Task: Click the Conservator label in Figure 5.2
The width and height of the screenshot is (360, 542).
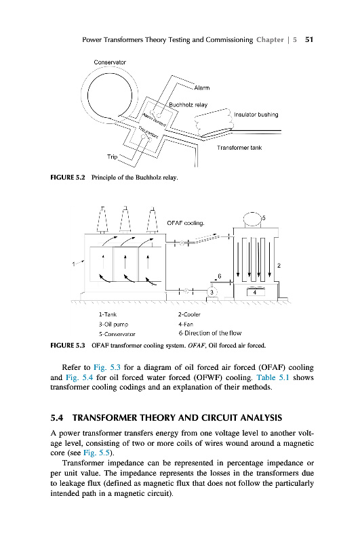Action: (x=110, y=62)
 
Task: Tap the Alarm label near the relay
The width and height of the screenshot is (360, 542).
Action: (x=201, y=88)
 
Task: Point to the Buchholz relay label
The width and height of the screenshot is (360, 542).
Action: (x=188, y=105)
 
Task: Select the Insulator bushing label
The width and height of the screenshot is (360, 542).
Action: (x=256, y=114)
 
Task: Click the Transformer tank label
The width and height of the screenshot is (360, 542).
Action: (x=239, y=148)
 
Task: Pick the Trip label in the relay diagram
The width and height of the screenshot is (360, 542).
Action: (x=112, y=157)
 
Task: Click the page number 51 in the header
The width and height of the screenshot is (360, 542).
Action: (x=309, y=40)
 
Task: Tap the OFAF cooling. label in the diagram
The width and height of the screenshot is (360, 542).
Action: (x=186, y=223)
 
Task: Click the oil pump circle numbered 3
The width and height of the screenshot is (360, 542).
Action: (x=212, y=292)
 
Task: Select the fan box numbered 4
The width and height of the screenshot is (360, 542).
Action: (x=254, y=292)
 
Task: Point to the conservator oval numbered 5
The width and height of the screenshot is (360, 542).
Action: (x=252, y=219)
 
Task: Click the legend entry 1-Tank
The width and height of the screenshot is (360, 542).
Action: (x=108, y=314)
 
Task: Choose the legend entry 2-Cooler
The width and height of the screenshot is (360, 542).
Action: (x=189, y=314)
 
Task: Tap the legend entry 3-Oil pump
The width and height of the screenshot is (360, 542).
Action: (x=113, y=325)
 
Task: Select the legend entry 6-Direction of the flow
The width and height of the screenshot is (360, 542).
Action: (x=210, y=333)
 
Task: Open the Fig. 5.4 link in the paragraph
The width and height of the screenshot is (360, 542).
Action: (x=79, y=377)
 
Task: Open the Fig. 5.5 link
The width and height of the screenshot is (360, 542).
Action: (x=97, y=453)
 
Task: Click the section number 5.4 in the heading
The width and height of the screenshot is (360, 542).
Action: (x=57, y=418)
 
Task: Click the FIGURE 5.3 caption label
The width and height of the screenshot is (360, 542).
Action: (x=67, y=346)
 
